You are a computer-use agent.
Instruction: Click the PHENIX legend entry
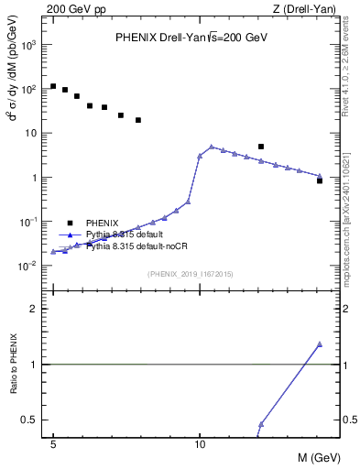coord(102,223)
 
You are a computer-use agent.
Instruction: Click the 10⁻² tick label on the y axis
coord(30,267)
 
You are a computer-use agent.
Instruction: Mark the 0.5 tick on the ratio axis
coord(33,420)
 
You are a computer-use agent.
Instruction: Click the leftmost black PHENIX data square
coord(53,86)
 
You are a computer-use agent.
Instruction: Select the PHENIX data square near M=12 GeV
coord(261,147)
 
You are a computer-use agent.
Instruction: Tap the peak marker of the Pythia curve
coord(212,147)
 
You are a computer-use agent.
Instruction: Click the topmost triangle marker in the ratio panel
coord(319,344)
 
